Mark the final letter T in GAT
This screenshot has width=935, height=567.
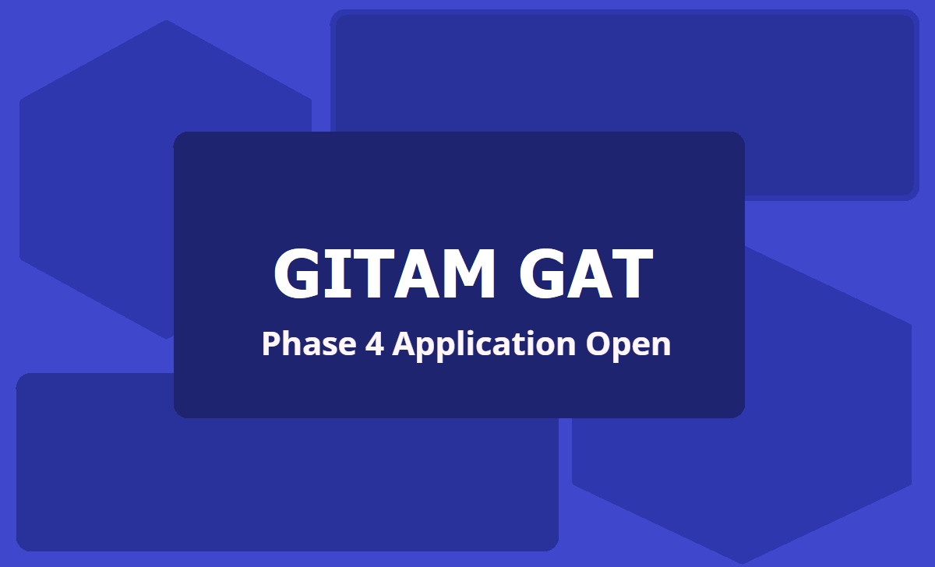coord(627,274)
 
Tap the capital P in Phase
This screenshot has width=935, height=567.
coord(270,343)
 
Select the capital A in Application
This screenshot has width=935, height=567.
coord(404,343)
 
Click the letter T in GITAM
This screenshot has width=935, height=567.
coord(372,274)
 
